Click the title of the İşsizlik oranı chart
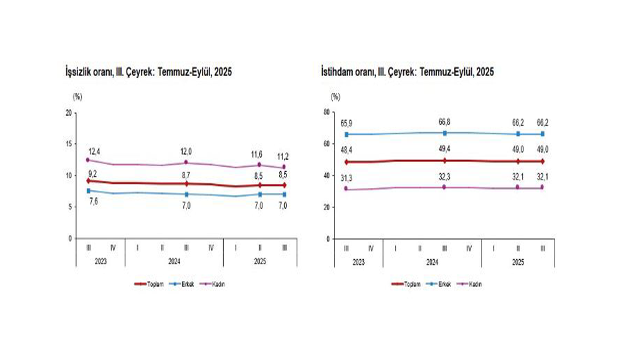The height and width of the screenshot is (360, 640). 148,72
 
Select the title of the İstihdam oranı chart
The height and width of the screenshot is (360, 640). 407,72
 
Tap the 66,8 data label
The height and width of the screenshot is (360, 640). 444,122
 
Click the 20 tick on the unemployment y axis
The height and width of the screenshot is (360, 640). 68,112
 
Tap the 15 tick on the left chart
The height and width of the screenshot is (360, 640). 68,143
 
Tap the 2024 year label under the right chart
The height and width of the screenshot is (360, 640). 432,261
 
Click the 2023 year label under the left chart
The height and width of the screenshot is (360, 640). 100,261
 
